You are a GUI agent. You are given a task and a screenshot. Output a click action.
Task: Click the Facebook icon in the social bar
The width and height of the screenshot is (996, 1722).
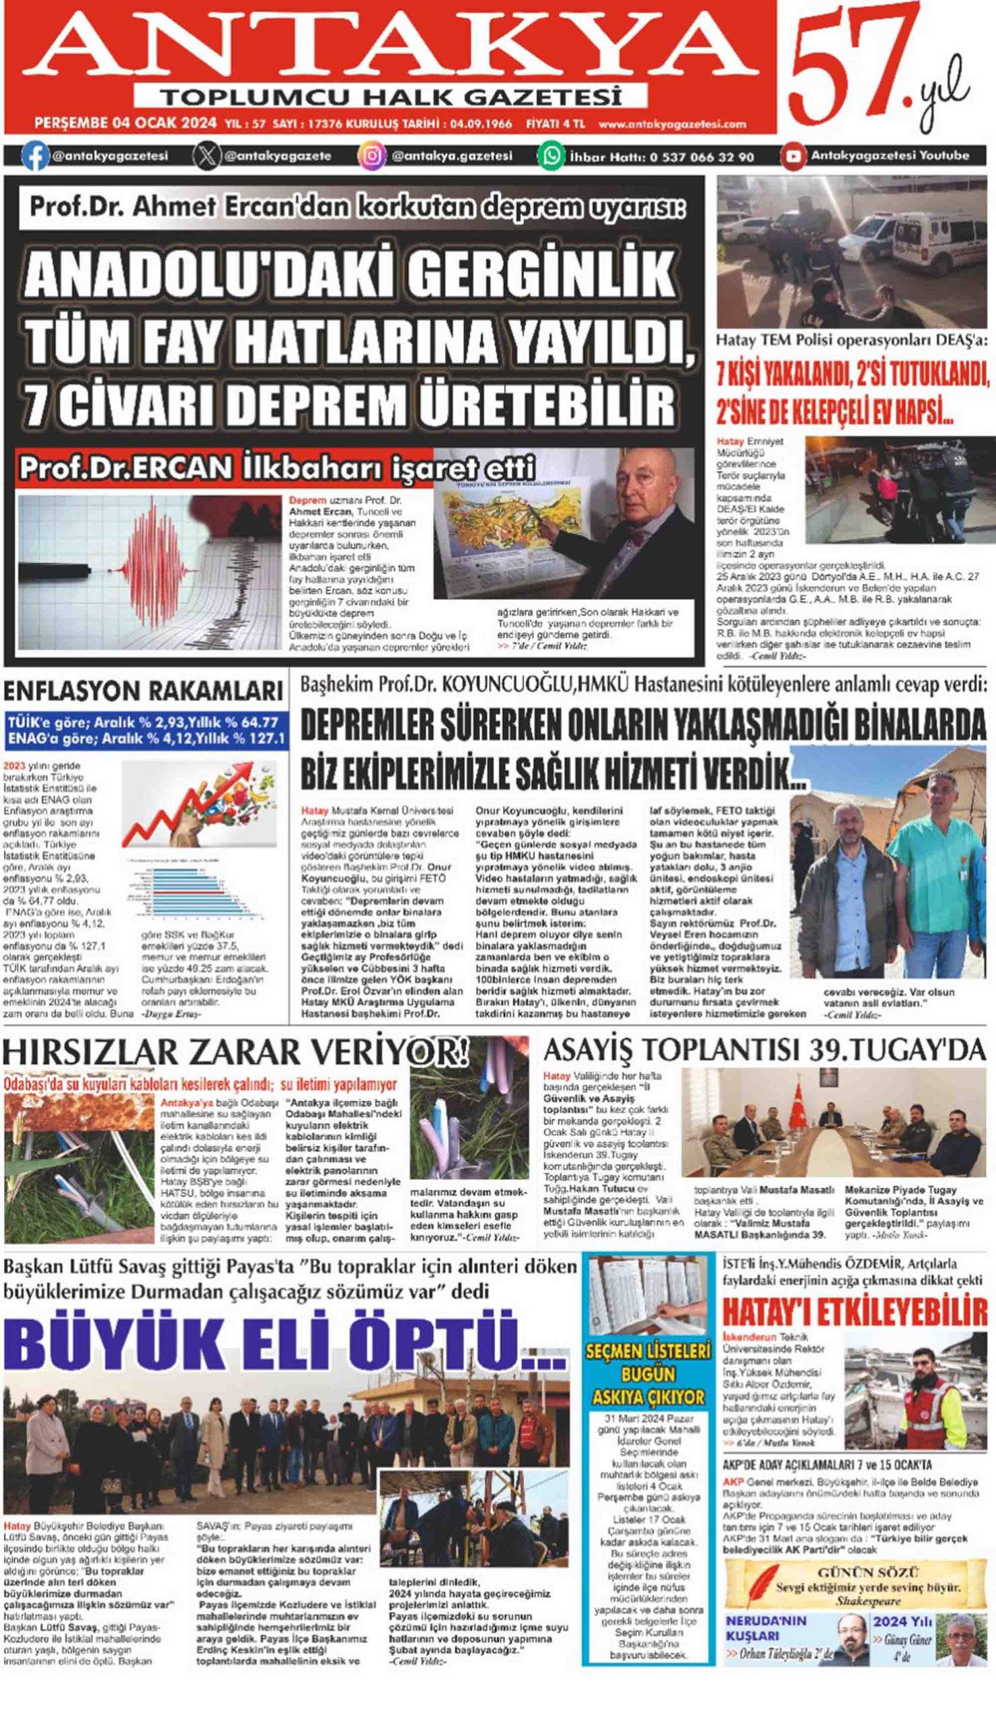pyautogui.click(x=35, y=157)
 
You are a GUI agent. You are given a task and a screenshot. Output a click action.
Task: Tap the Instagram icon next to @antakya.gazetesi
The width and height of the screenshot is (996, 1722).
pyautogui.click(x=372, y=156)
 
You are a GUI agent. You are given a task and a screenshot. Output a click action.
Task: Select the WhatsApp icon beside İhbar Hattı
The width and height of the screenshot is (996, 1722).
pyautogui.click(x=551, y=156)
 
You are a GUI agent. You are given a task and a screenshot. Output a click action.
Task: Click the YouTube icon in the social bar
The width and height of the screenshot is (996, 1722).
pyautogui.click(x=793, y=157)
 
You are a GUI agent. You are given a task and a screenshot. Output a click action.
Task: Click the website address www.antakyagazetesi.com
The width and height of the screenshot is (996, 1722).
pyautogui.click(x=673, y=124)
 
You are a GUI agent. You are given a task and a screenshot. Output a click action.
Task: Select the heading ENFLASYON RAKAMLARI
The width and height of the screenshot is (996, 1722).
pyautogui.click(x=143, y=691)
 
